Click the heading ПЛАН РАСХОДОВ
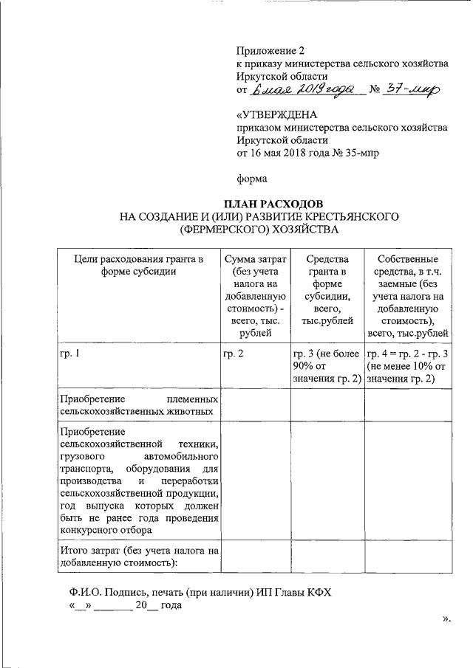(273, 204)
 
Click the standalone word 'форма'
(252, 178)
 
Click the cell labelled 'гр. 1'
(69, 355)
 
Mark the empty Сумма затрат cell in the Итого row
(255, 557)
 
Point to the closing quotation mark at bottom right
(446, 619)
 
